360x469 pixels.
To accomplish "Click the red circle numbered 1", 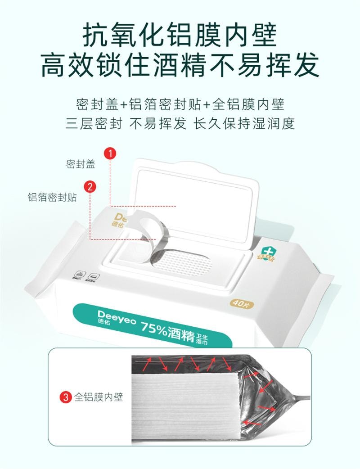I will [110, 153].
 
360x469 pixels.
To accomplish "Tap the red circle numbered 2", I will [90, 186].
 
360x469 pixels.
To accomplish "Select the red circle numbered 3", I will [66, 397].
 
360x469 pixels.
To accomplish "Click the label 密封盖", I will [81, 164].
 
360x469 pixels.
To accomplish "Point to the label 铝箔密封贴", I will [52, 198].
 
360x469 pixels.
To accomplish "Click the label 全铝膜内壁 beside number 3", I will [99, 397].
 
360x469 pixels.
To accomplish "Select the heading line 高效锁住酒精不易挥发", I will [180, 65].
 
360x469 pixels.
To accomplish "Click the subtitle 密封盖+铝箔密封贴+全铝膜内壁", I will [180, 104].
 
